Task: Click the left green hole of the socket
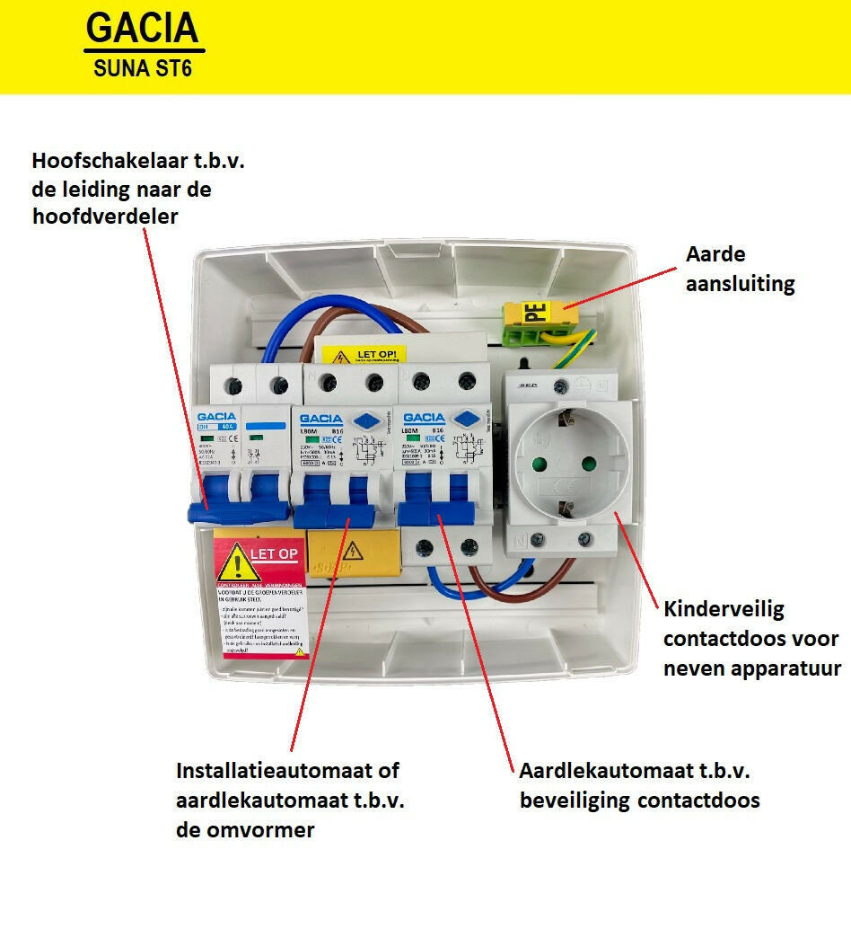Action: coord(542,464)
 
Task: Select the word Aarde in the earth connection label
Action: coord(715,254)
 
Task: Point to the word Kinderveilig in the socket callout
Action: coord(724,609)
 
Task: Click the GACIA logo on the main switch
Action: coord(216,417)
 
